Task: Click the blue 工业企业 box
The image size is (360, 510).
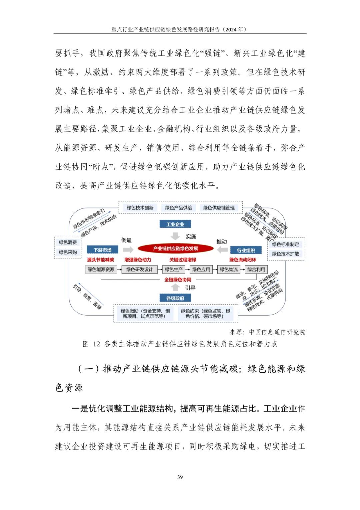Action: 175,224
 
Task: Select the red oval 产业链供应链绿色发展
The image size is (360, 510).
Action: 175,248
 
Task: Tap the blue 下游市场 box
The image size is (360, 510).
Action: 102,250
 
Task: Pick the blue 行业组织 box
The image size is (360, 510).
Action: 246,250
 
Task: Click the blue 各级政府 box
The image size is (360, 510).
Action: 175,298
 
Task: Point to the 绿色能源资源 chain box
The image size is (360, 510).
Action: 101,270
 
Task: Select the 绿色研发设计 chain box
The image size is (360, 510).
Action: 139,270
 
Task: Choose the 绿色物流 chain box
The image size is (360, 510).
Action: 229,270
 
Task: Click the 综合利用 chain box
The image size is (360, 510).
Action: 256,270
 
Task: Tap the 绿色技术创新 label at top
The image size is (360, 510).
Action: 140,208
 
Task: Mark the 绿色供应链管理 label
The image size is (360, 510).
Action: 219,208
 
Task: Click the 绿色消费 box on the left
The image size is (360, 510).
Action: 68,242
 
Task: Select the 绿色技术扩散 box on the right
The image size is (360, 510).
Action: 286,254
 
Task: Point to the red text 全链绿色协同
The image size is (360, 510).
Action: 178,280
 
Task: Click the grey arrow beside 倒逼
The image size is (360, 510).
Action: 128,249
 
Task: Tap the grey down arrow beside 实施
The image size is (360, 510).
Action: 175,236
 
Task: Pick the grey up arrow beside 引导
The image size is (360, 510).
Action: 175,287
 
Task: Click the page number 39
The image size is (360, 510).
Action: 180,477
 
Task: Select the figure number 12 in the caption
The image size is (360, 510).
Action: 97,344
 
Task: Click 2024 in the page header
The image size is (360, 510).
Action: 231,29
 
